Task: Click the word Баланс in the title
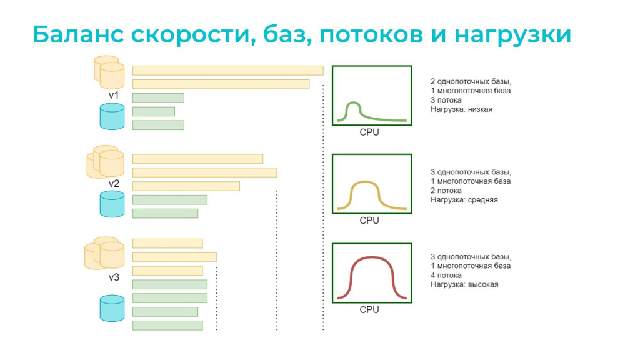[x=78, y=34]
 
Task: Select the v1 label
[x=114, y=96]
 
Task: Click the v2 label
[x=114, y=184]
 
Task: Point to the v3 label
[x=114, y=277]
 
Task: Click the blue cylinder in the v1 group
[x=112, y=116]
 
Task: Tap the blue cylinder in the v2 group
[x=112, y=204]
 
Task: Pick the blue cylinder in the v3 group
[x=112, y=308]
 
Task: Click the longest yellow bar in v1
[x=227, y=70]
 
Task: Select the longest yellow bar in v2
[x=204, y=172]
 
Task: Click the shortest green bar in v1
[x=154, y=111]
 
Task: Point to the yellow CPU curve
[x=364, y=182]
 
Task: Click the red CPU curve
[x=371, y=257]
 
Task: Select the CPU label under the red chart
[x=369, y=310]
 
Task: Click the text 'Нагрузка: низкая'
[x=462, y=109]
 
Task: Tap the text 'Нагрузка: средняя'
[x=464, y=200]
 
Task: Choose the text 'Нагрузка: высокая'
[x=464, y=284]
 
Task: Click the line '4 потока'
[x=446, y=276]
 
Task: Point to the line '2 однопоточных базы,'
[x=471, y=82]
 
